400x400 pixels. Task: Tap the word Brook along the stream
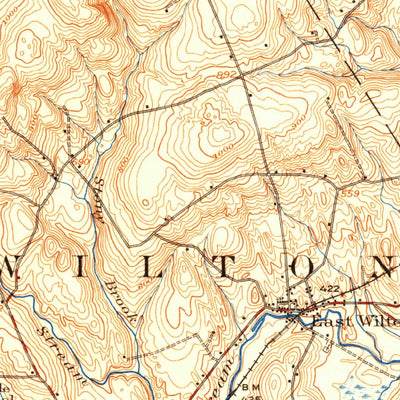(x=117, y=295)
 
